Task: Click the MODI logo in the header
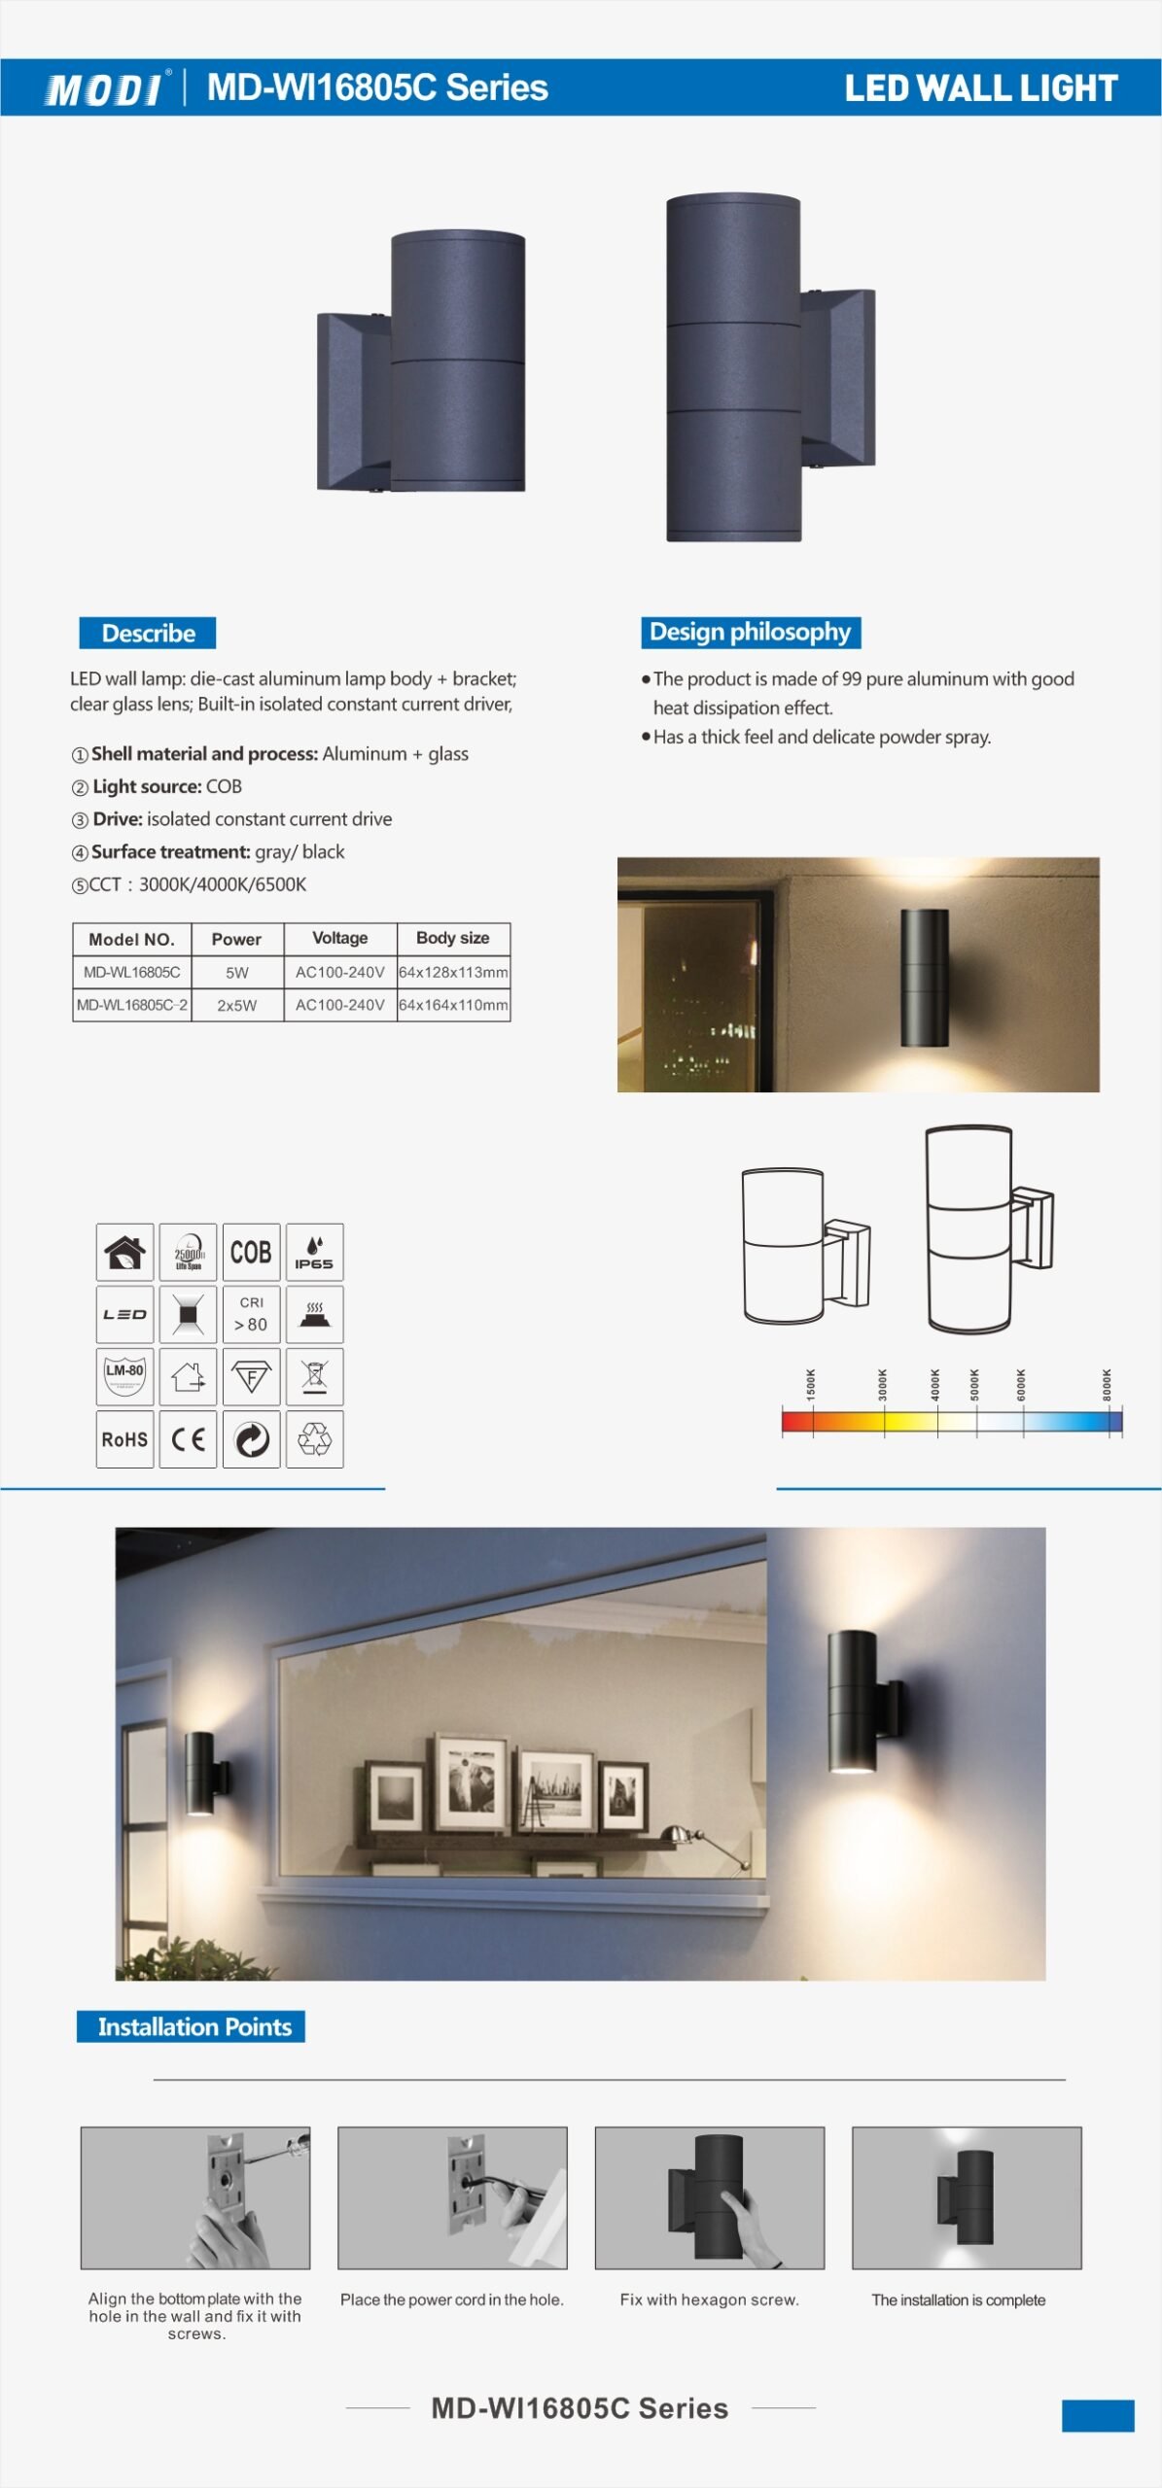[x=105, y=89]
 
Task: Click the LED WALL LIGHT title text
[x=980, y=88]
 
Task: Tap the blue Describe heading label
[x=148, y=633]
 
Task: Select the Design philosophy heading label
[x=750, y=632]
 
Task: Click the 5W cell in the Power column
[x=237, y=972]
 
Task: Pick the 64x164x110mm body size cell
[x=453, y=1005]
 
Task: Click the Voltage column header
[x=340, y=938]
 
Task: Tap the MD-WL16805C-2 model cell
[x=132, y=1005]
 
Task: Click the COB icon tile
[x=251, y=1252]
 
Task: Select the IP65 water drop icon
[x=314, y=1252]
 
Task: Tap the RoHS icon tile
[x=124, y=1439]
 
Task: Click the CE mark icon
[x=188, y=1439]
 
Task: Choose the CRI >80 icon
[x=251, y=1314]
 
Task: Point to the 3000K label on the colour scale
[x=883, y=1384]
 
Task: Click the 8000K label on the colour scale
[x=1107, y=1384]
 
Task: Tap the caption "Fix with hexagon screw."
[x=709, y=2299]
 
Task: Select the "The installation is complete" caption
[x=958, y=2299]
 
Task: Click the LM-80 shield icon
[x=124, y=1376]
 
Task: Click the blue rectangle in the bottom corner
[x=1098, y=2415]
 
